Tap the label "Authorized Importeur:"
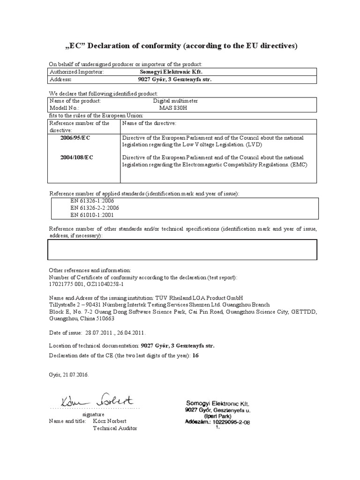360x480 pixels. click(x=76, y=72)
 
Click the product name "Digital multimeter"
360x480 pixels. click(x=176, y=101)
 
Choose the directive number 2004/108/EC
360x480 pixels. click(x=76, y=157)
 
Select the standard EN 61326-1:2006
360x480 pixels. click(x=92, y=201)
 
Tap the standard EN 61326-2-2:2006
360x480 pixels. click(x=95, y=208)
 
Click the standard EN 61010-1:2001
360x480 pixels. click(x=92, y=215)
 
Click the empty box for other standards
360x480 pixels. click(x=183, y=249)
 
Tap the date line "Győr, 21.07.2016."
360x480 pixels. click(x=68, y=375)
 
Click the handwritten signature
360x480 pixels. click(x=97, y=401)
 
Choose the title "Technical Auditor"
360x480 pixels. click(x=112, y=429)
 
